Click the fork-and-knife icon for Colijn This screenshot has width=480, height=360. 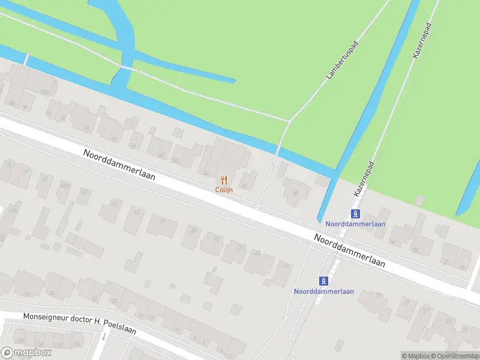(x=224, y=179)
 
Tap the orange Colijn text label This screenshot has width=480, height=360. (x=224, y=190)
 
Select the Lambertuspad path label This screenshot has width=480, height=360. (x=341, y=61)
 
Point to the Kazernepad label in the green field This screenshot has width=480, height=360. (x=422, y=41)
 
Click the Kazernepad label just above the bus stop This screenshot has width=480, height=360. (x=364, y=179)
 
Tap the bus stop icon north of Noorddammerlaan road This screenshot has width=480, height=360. (x=356, y=214)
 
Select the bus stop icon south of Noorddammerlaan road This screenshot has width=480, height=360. (x=324, y=281)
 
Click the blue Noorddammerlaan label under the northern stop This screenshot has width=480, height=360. (x=356, y=224)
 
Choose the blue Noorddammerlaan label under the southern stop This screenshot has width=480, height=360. (x=324, y=292)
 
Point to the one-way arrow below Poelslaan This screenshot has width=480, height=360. (x=103, y=337)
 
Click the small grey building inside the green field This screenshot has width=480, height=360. (x=420, y=199)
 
